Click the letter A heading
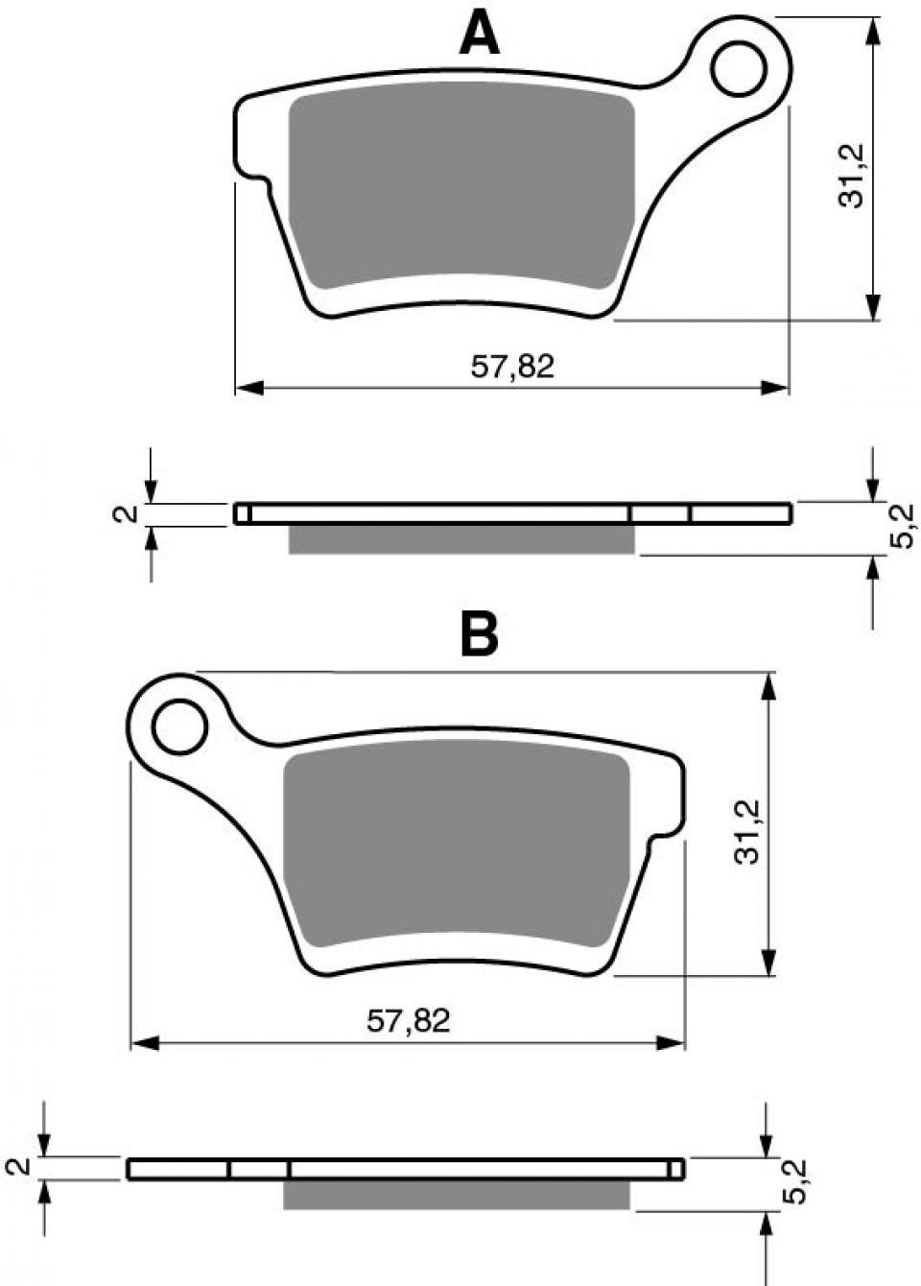tap(479, 34)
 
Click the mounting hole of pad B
tap(179, 726)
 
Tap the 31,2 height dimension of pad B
tap(747, 832)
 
